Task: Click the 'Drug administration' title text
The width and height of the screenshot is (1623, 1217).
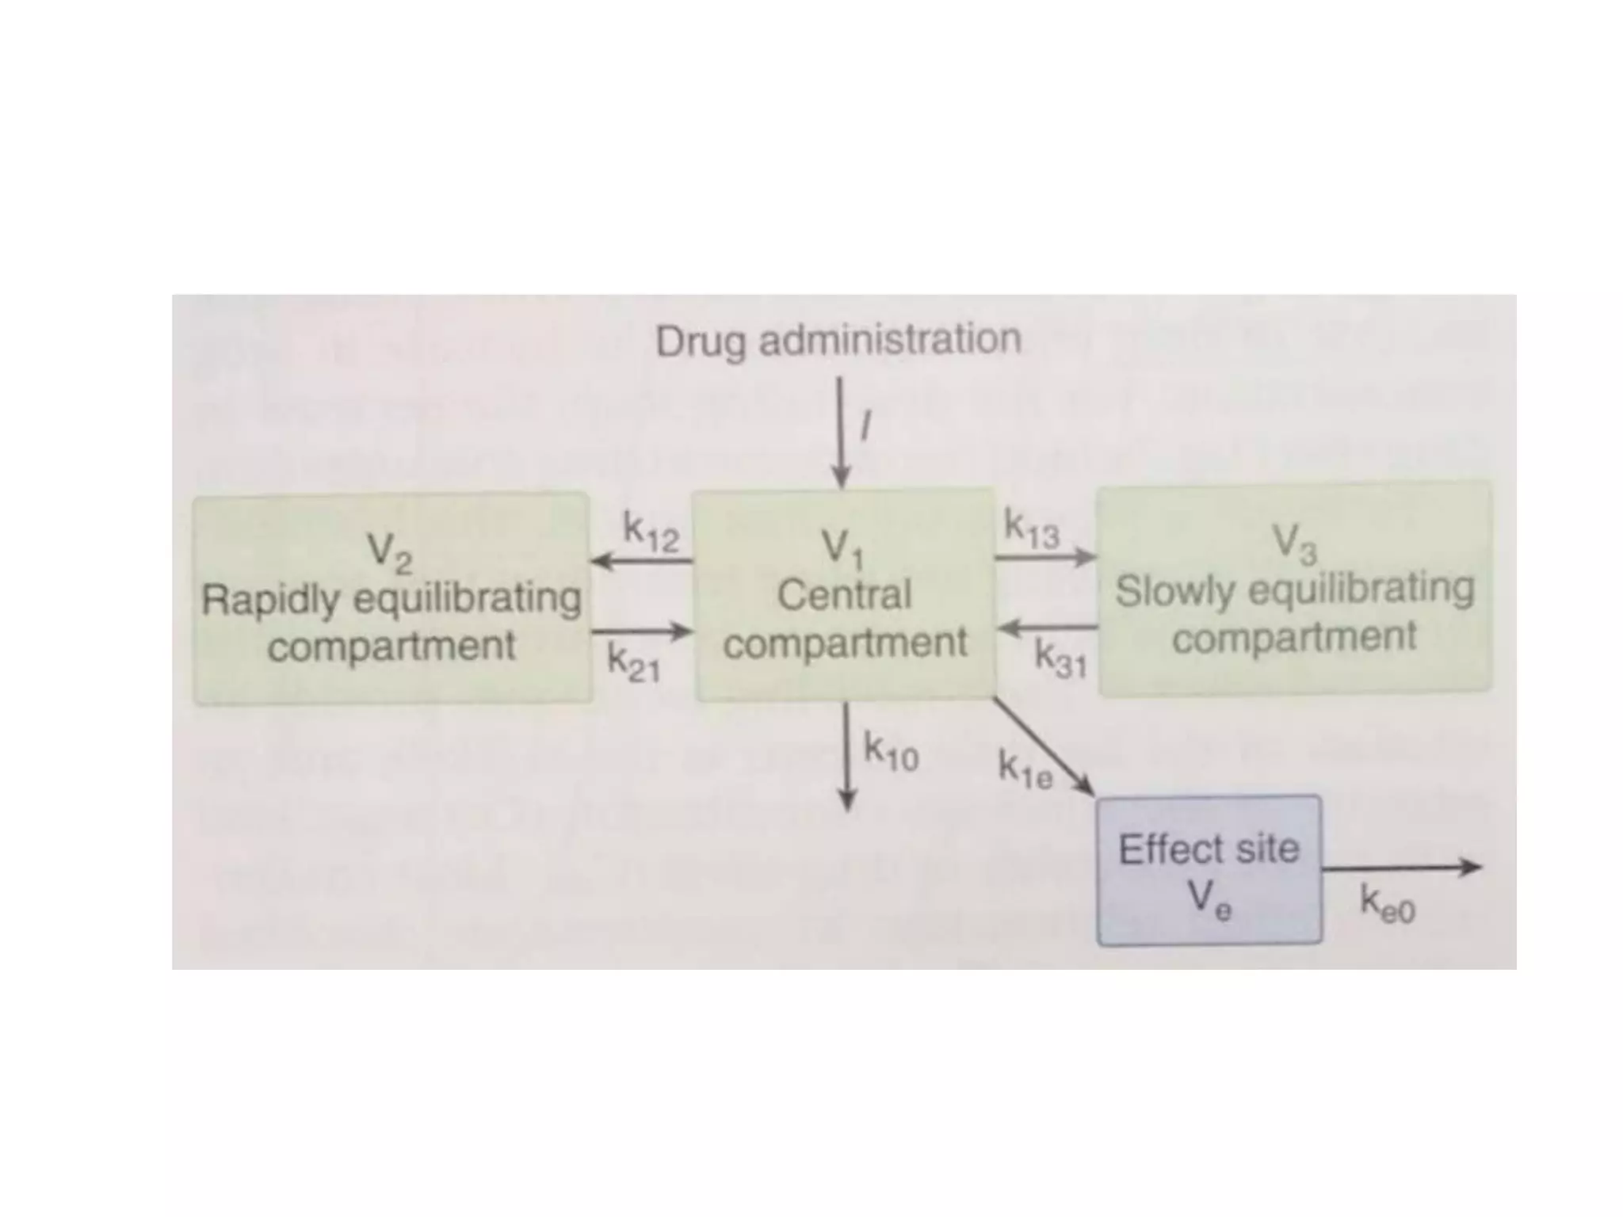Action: [838, 341]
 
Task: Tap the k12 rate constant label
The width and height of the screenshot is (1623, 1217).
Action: [651, 532]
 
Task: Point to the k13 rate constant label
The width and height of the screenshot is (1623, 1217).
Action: [1031, 530]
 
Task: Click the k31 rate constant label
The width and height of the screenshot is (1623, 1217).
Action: [1060, 659]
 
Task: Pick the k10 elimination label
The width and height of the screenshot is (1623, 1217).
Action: [891, 752]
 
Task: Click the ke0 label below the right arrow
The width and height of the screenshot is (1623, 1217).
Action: [1387, 904]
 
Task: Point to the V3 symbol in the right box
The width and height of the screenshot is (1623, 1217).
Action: [1293, 545]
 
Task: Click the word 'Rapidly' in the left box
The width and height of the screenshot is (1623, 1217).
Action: [270, 600]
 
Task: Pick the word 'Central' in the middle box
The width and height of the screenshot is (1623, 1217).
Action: [844, 595]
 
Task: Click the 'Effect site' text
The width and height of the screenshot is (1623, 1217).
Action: [1209, 849]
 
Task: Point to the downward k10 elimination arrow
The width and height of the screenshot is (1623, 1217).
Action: [847, 756]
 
